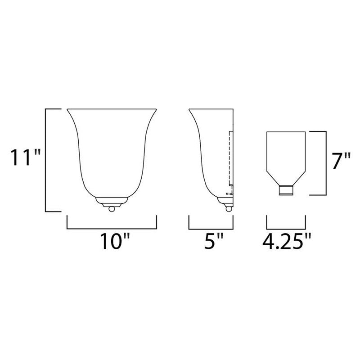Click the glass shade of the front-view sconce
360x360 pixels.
pos(111,153)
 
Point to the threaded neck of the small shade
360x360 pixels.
pos(287,191)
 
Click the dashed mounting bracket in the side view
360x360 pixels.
pos(230,162)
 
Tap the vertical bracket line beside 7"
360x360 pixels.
pos(325,163)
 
